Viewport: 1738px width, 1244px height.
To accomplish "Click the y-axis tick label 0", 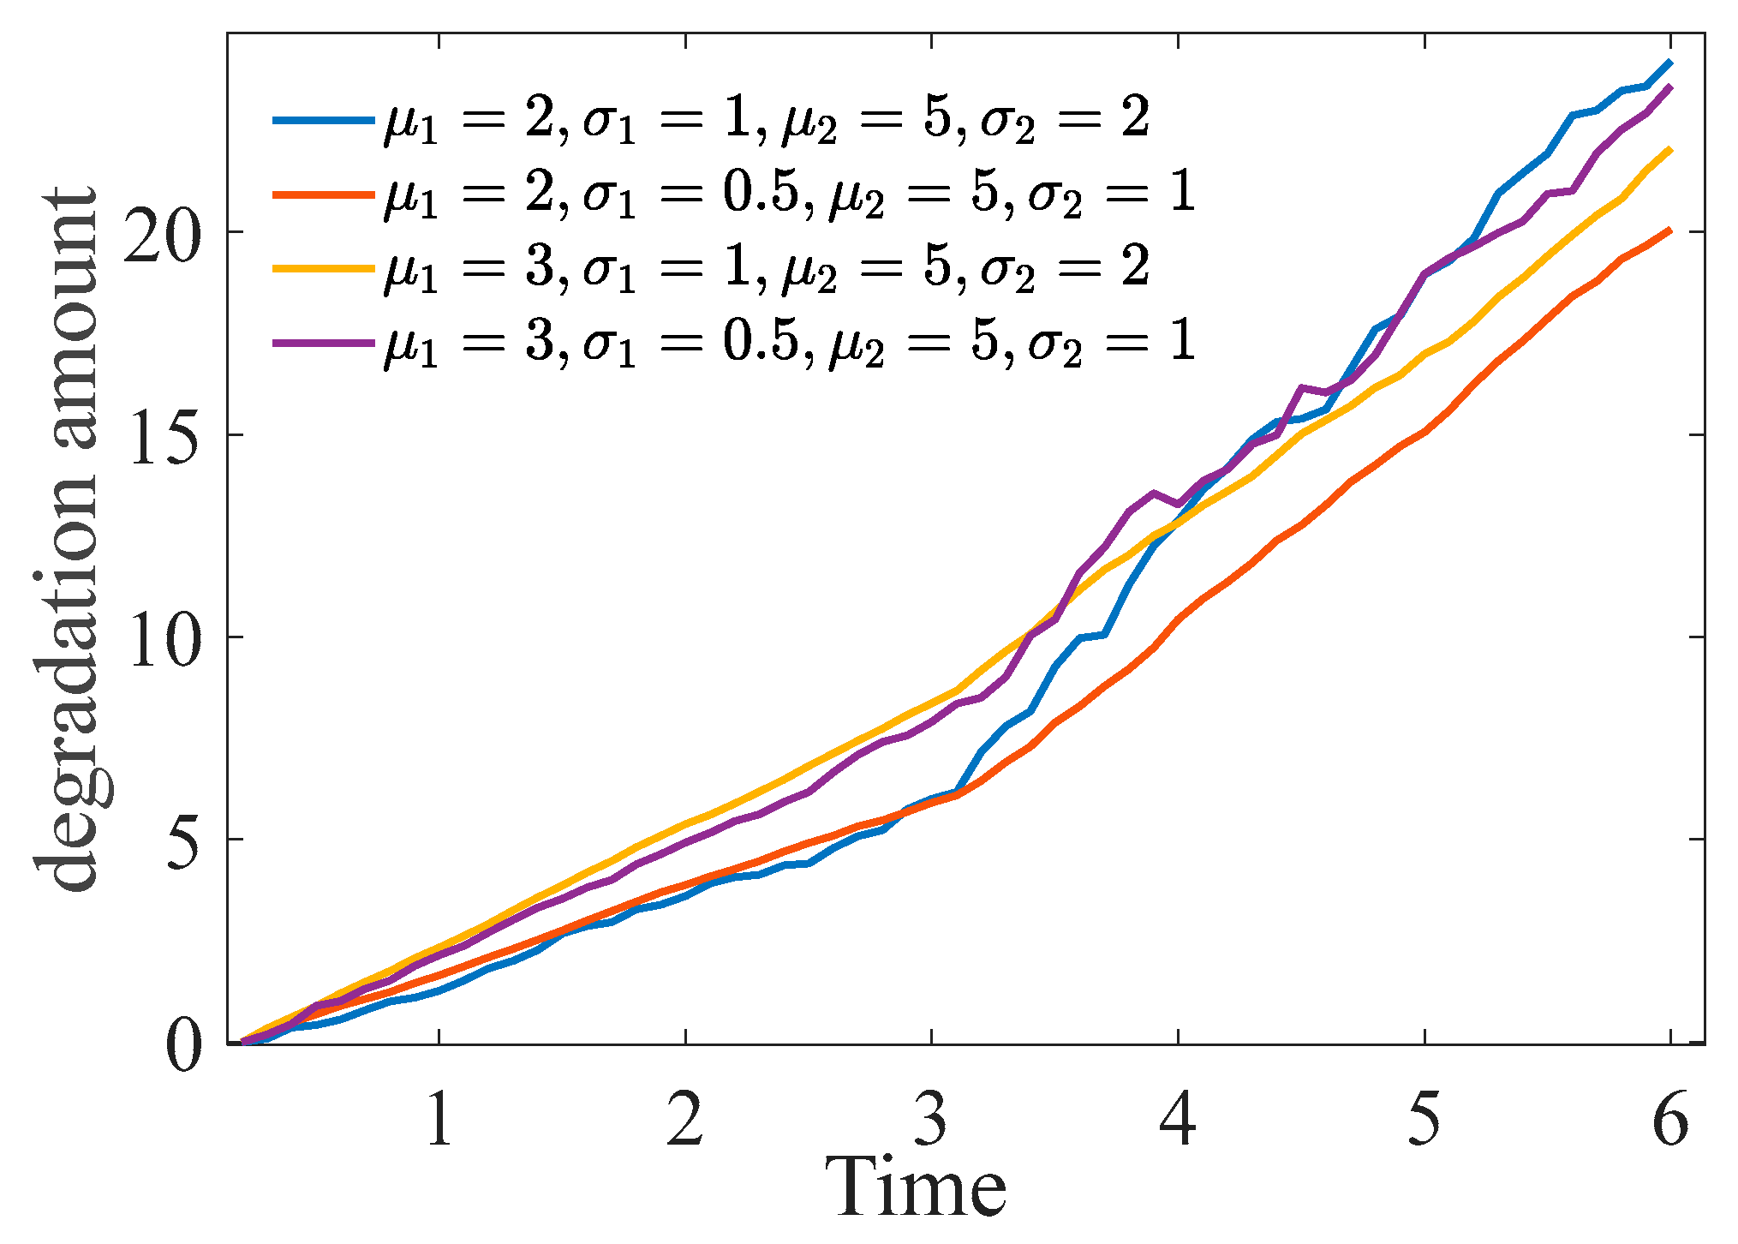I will pos(184,1044).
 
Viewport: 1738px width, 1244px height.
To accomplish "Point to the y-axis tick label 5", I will pos(184,840).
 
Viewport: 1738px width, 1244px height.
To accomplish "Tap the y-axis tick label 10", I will pos(163,637).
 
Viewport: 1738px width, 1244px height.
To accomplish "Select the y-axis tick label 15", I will pos(163,435).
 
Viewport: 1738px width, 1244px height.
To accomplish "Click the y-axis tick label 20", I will pos(163,232).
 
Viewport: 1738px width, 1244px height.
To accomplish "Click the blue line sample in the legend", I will pos(323,120).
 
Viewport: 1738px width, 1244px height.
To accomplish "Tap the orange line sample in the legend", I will pos(323,194).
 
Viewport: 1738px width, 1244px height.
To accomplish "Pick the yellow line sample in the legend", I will pos(323,268).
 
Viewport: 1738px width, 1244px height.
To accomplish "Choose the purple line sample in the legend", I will pos(323,343).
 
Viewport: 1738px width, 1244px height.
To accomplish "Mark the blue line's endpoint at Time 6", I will pos(1670,63).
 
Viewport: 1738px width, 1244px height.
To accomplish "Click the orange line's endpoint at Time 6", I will pos(1670,230).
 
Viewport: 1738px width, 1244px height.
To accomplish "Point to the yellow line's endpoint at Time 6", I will pos(1670,150).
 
